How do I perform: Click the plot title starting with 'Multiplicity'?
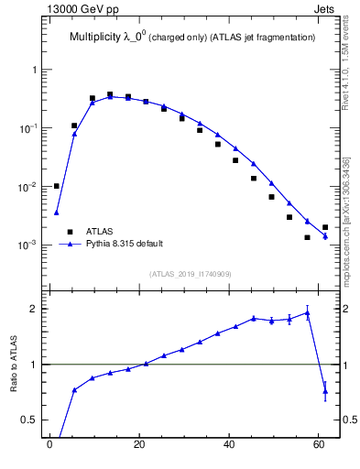[x=192, y=38]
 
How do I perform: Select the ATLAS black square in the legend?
[x=69, y=232]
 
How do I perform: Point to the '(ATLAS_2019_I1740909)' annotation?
[x=191, y=274]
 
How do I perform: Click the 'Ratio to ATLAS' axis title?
[x=14, y=364]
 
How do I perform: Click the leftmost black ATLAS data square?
[x=57, y=186]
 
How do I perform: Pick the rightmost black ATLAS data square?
[x=325, y=227]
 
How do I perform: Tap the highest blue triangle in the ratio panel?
[x=308, y=312]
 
